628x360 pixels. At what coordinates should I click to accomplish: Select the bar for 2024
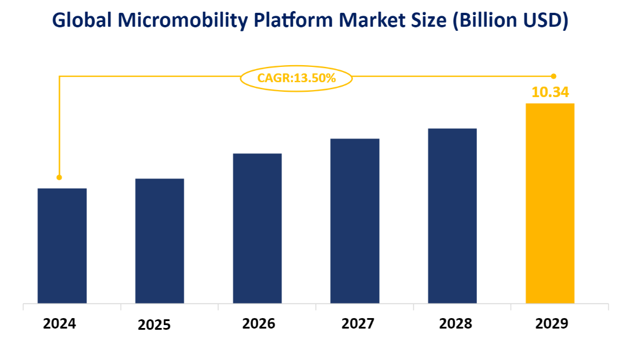click(62, 245)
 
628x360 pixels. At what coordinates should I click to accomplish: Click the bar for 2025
click(160, 241)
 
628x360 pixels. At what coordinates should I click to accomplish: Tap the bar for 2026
click(258, 228)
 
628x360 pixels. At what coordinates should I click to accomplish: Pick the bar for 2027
click(355, 220)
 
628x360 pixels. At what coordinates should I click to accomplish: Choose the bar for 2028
click(452, 215)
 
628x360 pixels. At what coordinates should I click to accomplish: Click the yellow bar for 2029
click(550, 203)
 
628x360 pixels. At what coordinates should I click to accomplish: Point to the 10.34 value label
click(550, 92)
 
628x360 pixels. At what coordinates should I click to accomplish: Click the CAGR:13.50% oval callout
click(297, 78)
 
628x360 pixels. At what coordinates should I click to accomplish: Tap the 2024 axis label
click(59, 324)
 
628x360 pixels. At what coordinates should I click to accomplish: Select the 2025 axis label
click(154, 325)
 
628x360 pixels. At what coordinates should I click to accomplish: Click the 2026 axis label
click(259, 324)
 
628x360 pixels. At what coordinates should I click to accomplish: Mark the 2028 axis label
click(456, 324)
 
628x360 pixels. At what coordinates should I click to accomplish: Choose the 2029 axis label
click(551, 324)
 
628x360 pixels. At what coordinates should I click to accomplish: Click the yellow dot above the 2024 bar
click(59, 177)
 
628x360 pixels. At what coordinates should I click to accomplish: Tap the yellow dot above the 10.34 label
click(554, 76)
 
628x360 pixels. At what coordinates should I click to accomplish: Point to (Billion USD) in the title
click(510, 22)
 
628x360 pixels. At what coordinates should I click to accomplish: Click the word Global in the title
click(81, 22)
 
